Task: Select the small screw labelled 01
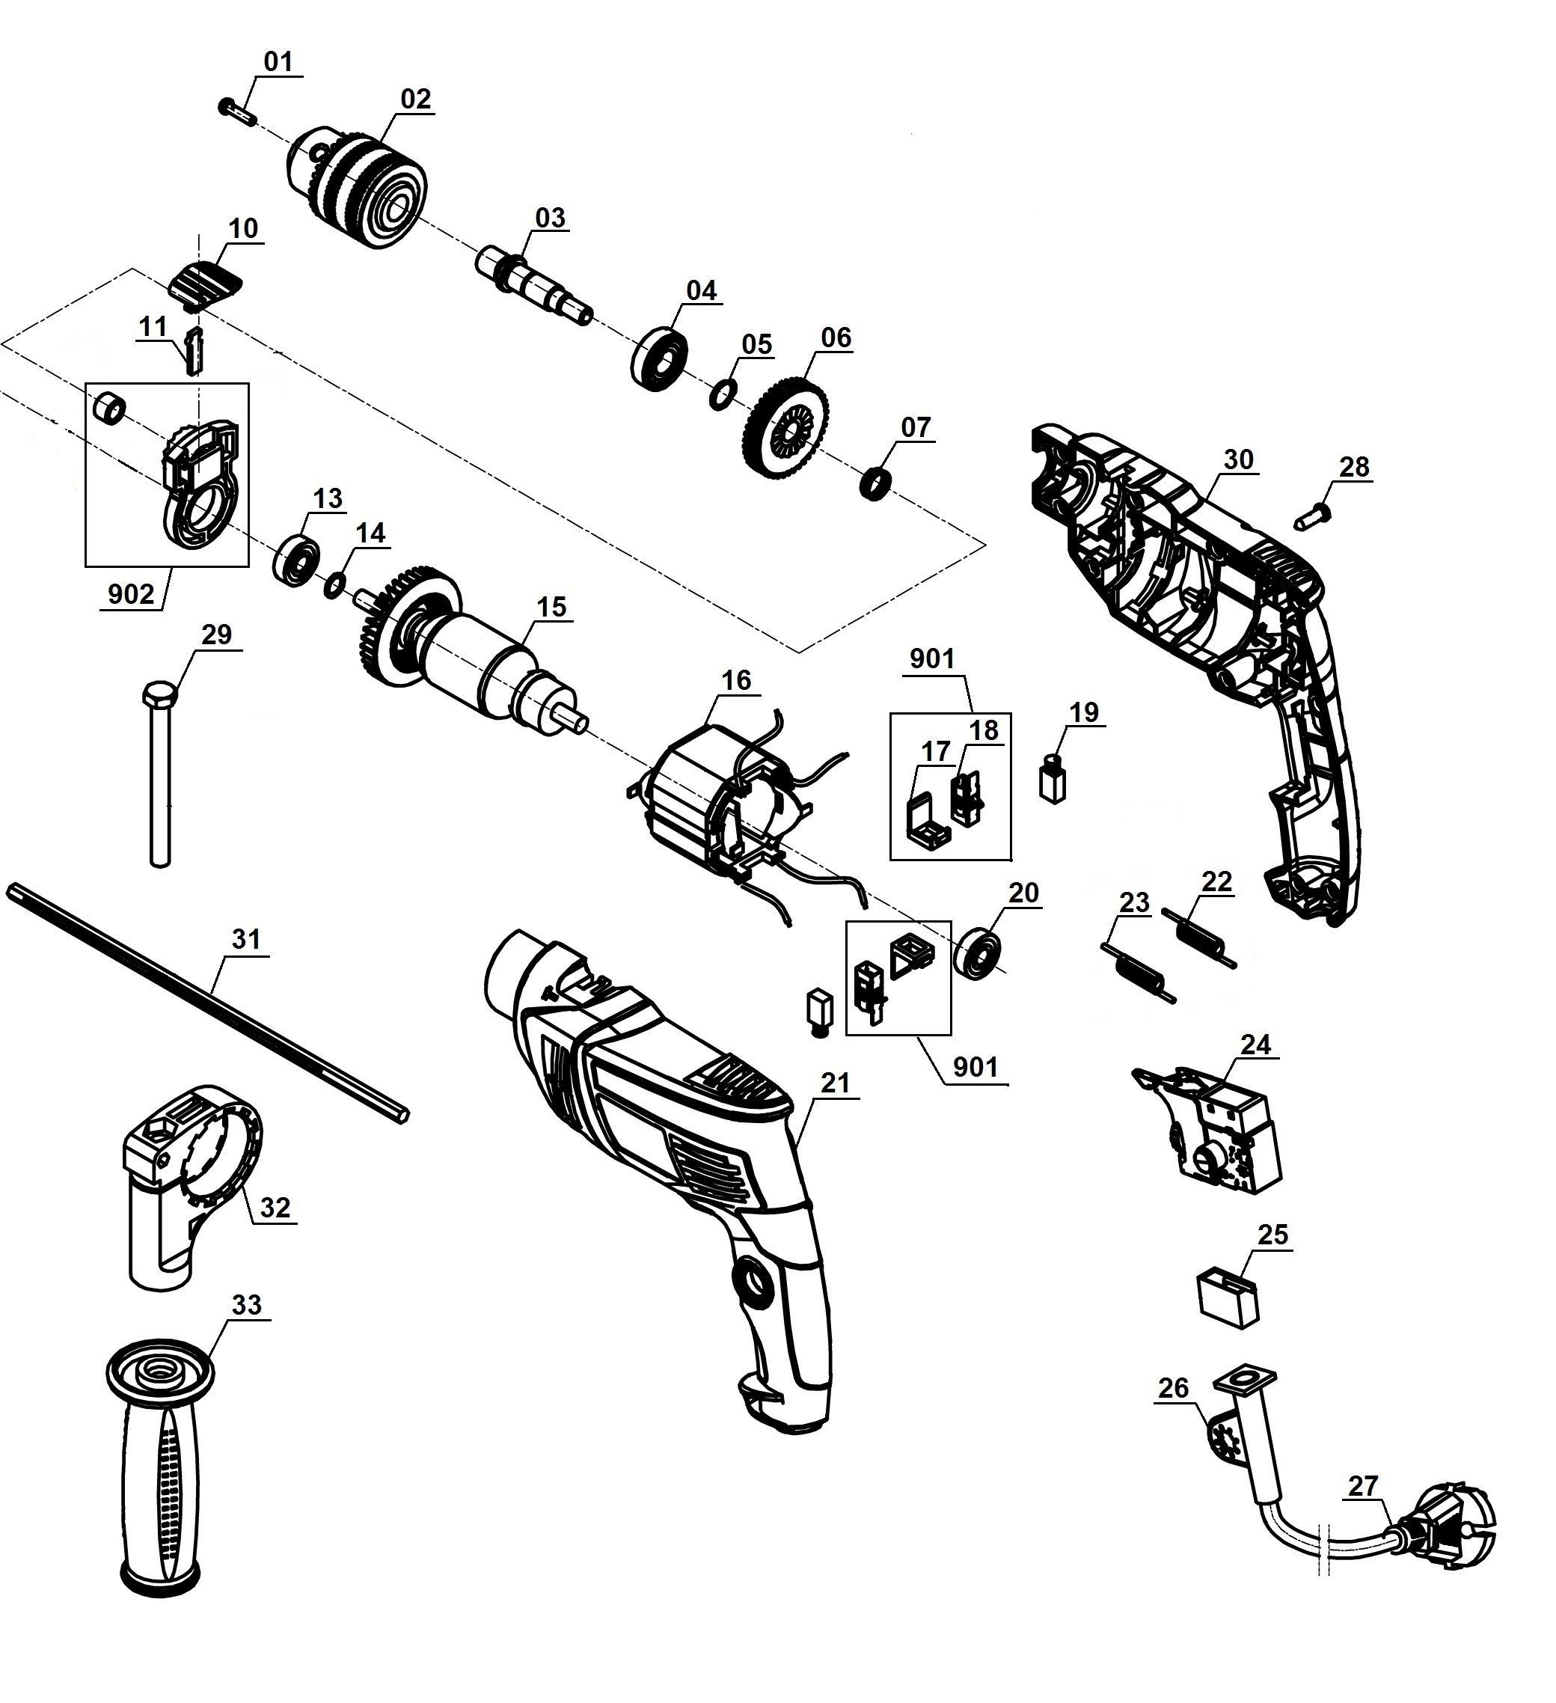click(x=236, y=111)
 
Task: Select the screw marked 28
click(x=1308, y=515)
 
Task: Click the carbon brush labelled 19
click(x=1053, y=777)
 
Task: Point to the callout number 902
click(x=131, y=594)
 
